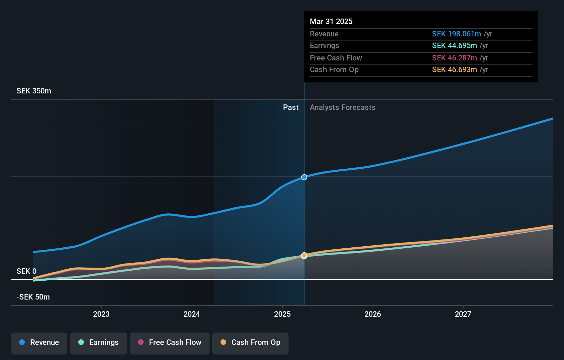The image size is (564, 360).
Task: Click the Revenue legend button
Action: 39,342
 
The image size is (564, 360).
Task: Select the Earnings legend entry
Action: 99,342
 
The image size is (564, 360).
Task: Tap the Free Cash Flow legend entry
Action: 170,342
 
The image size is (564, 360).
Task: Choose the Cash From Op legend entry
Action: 250,342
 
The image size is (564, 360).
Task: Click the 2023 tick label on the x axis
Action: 101,314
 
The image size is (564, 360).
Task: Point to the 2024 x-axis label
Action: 192,314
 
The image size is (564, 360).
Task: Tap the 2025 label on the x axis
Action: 282,314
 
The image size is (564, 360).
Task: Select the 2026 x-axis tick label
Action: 373,314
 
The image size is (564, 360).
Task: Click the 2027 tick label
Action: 463,314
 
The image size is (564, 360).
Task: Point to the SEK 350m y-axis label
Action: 34,91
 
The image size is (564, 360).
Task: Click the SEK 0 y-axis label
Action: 26,271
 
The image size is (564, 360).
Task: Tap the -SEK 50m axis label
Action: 33,297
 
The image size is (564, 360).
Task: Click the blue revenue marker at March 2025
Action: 304,177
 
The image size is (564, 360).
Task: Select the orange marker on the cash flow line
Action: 304,256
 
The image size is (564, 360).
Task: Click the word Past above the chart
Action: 291,108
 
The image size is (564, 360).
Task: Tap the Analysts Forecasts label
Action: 342,108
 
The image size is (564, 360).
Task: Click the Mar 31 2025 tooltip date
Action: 331,21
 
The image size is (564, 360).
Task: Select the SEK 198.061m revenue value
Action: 456,34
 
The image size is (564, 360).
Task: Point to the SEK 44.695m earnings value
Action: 454,46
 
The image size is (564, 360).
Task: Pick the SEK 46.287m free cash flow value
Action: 454,58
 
